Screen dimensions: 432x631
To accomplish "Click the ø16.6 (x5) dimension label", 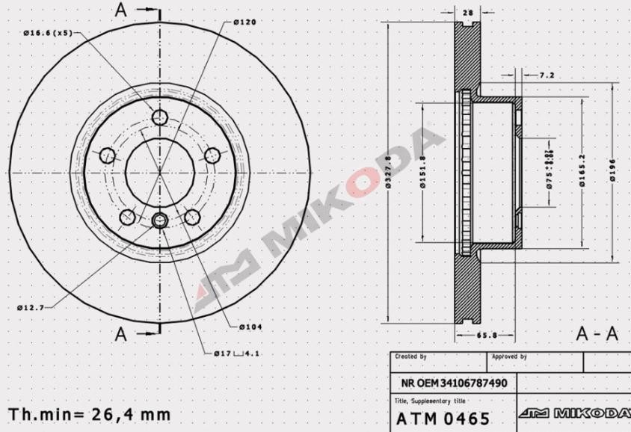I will (48, 33).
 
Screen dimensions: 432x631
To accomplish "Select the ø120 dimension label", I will (244, 22).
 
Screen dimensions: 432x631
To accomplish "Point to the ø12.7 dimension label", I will (31, 307).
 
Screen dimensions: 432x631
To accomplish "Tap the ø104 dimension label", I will (250, 327).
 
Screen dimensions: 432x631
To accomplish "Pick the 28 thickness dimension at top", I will (468, 13).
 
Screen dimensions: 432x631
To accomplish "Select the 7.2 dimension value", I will (546, 75).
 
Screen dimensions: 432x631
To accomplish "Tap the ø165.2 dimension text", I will (582, 172).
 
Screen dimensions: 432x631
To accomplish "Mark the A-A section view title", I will (597, 334).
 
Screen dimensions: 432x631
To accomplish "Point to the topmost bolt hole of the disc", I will (159, 117).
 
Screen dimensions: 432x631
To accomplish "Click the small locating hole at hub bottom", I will (159, 220).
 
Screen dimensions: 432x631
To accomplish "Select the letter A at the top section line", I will (121, 10).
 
